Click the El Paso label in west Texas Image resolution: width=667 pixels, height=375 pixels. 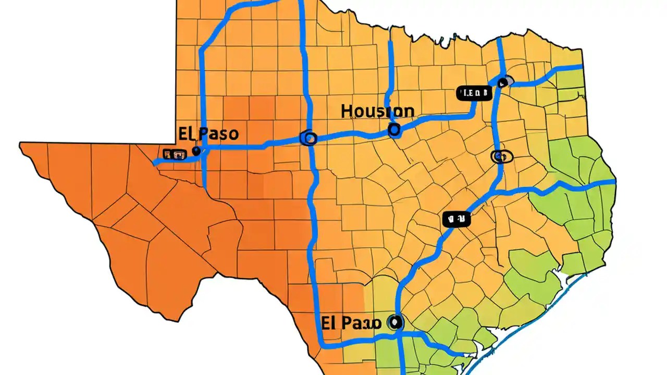pos(208,133)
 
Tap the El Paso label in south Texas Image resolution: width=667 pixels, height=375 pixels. pos(351,322)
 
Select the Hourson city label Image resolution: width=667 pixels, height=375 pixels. pos(378,111)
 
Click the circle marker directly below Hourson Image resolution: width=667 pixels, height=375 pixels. pos(394,130)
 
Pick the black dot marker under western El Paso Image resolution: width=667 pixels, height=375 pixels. pos(196,151)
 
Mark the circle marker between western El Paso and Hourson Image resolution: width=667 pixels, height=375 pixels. pos(309,138)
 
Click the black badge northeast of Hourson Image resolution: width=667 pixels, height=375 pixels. pos(474,93)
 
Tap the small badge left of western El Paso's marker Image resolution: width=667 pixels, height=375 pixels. pos(174,154)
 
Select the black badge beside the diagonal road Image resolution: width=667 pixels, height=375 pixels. pos(456,219)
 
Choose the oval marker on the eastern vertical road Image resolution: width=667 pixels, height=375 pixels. pos(502,156)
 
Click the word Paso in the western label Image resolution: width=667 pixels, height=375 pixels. pos(219,134)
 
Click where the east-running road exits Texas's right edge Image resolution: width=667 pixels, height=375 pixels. pos(615,182)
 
